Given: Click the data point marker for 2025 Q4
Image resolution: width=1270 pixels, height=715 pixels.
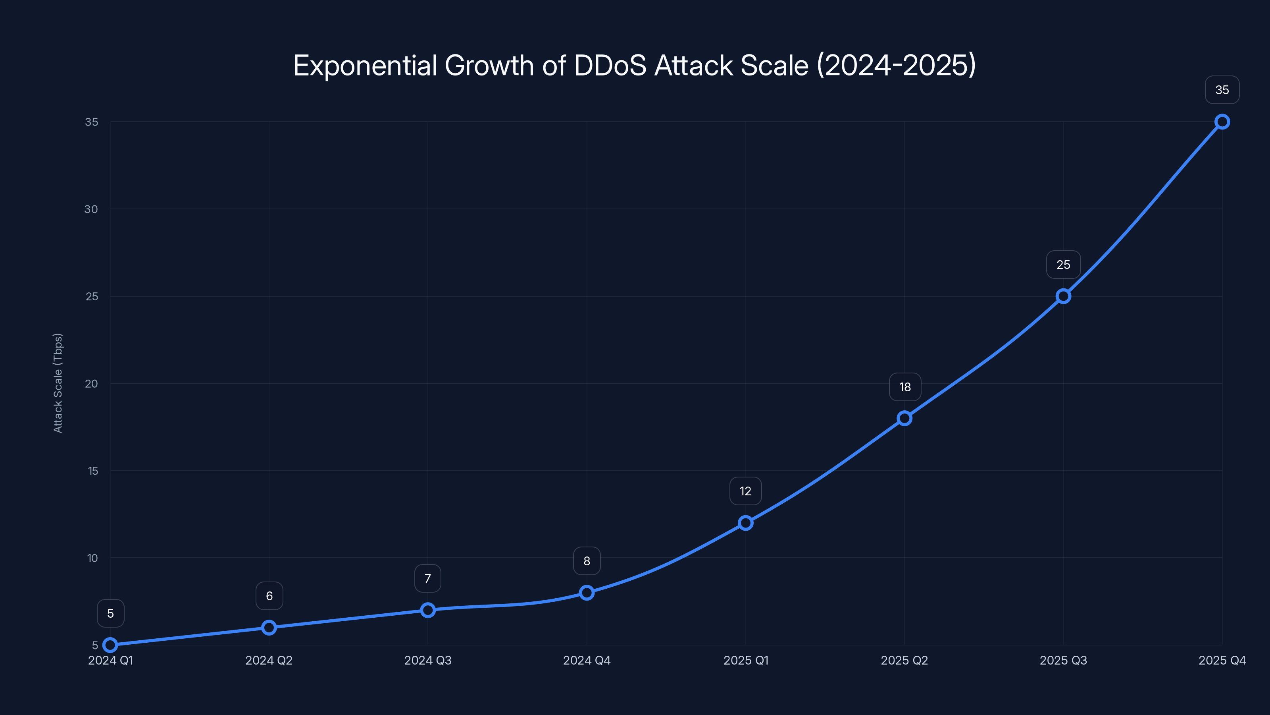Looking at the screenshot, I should (1222, 122).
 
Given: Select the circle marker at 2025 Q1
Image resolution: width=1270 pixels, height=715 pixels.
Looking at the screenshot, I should (745, 523).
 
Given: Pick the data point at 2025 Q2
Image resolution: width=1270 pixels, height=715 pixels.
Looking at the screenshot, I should (904, 418).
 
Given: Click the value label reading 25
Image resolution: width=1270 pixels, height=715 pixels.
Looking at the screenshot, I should (1063, 265).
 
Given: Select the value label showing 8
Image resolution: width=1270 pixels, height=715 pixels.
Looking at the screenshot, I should (587, 561).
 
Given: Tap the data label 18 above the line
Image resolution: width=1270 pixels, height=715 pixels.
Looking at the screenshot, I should (905, 387).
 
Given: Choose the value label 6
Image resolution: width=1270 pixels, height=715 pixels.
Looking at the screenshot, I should (269, 596).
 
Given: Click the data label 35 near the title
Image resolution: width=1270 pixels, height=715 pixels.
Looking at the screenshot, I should (1222, 90).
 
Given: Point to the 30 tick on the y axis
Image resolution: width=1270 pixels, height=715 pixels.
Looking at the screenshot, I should (91, 209).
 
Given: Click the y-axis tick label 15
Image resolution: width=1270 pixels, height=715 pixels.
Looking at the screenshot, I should (93, 471).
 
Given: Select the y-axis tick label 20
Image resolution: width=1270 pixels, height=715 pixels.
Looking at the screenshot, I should (91, 384).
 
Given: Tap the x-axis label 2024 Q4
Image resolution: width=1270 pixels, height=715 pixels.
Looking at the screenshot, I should (587, 660).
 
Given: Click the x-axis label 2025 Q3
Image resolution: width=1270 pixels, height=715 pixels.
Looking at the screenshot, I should (1063, 660).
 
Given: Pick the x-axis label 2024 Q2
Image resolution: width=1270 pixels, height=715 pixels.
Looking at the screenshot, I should (269, 660).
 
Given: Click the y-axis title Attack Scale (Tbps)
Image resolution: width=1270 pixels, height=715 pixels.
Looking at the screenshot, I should (58, 383).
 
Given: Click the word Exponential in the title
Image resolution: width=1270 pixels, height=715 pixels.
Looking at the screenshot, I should (365, 66).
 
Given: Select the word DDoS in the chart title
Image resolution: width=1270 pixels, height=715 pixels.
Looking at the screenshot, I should (610, 66).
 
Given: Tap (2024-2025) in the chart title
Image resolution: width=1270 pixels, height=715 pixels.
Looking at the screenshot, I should (896, 66).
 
